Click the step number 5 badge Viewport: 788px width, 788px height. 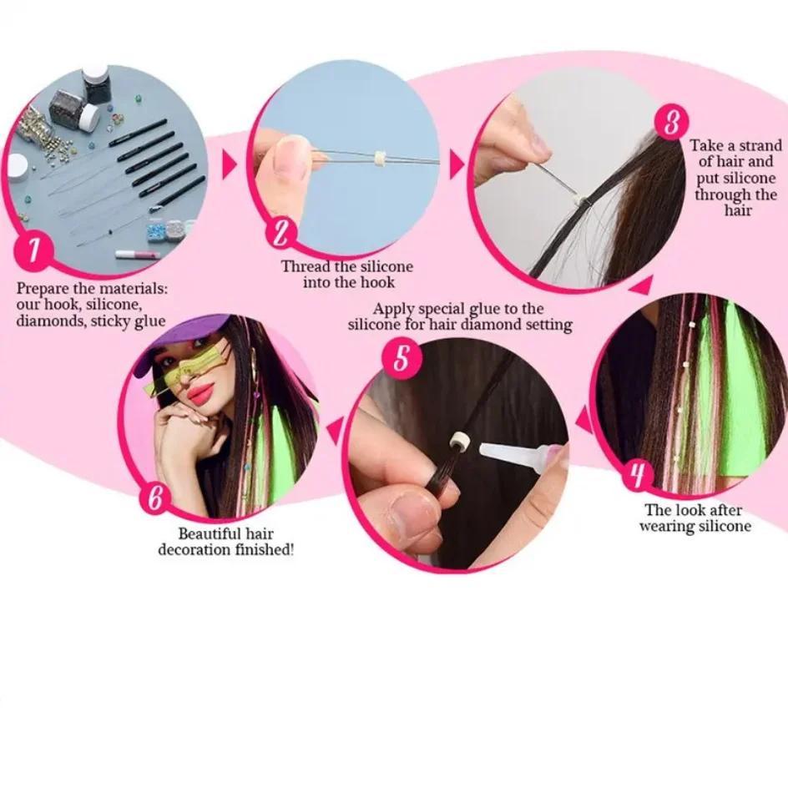pos(402,357)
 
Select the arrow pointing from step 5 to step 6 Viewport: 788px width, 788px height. pos(335,431)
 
